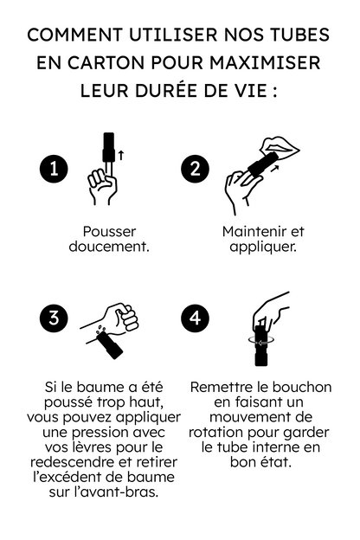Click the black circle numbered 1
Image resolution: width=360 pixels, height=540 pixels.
tap(55, 169)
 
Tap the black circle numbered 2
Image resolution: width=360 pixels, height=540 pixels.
tap(195, 169)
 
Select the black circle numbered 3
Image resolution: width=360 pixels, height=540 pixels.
tap(55, 318)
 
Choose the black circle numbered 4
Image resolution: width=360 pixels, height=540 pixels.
tap(195, 318)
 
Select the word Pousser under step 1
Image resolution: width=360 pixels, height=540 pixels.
tap(109, 232)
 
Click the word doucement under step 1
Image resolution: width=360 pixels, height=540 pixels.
tap(109, 247)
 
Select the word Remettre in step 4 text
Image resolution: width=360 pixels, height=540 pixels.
tap(222, 387)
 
